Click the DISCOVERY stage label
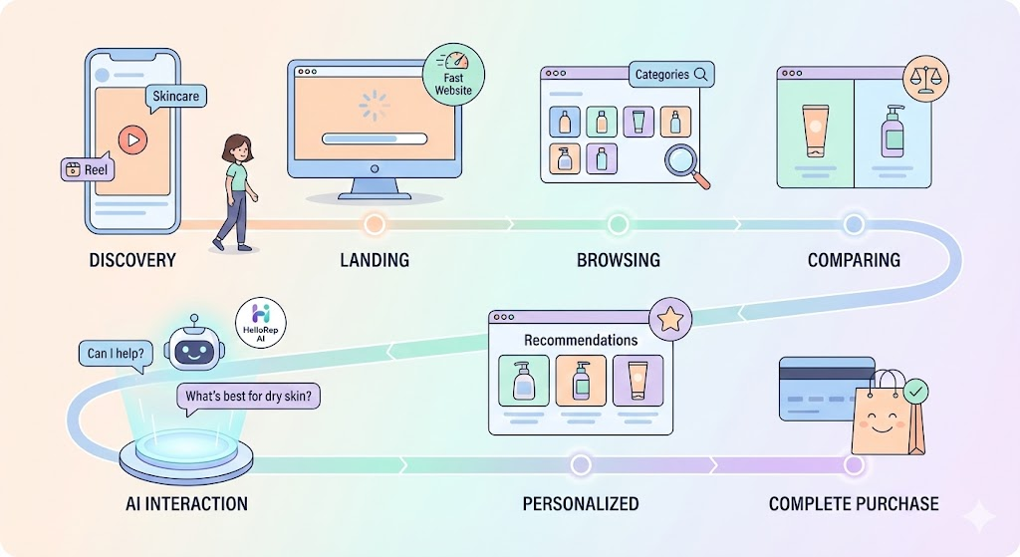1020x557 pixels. tap(132, 261)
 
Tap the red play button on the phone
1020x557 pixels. tap(131, 140)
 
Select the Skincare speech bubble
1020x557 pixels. tap(175, 97)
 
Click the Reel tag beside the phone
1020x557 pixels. tap(87, 169)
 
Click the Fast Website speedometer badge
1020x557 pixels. tap(453, 75)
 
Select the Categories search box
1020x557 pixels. tap(670, 75)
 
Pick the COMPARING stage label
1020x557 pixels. tap(854, 261)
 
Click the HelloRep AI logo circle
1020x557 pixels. tap(263, 322)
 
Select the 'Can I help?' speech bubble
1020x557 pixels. tap(112, 354)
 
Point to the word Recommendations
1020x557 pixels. tap(581, 341)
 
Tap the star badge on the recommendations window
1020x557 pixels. tap(670, 320)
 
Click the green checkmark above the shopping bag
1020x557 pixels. tap(914, 389)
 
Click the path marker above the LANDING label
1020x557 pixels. tap(375, 224)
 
